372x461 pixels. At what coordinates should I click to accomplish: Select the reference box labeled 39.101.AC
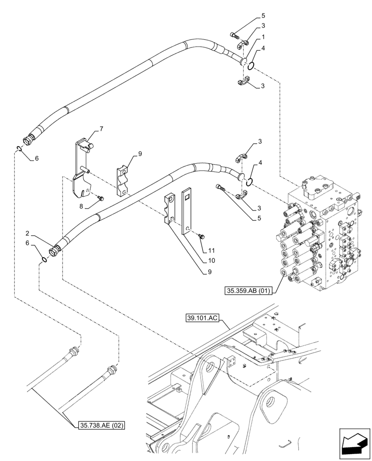[205, 318]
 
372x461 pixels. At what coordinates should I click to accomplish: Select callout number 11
[211, 250]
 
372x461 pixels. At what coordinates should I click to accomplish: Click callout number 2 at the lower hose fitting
[28, 234]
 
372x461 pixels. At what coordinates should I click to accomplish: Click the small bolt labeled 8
[101, 198]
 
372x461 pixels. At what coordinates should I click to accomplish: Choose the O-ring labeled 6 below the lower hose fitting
[44, 260]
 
